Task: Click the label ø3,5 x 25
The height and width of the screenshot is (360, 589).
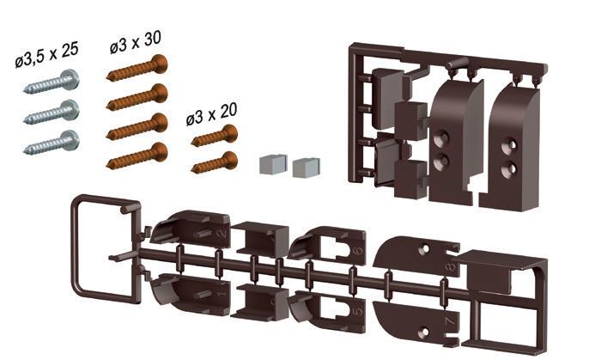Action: pyautogui.click(x=47, y=55)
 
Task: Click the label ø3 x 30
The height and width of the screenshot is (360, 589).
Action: pyautogui.click(x=136, y=42)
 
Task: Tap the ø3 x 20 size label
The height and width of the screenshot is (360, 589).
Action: pyautogui.click(x=211, y=114)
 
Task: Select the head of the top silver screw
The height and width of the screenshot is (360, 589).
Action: pyautogui.click(x=70, y=79)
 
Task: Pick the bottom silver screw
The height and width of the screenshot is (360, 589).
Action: pyautogui.click(x=52, y=143)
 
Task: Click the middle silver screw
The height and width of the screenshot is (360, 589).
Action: pyautogui.click(x=52, y=113)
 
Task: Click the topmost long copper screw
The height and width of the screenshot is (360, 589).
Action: pyautogui.click(x=137, y=68)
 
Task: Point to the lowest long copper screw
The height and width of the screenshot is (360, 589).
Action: pyautogui.click(x=137, y=156)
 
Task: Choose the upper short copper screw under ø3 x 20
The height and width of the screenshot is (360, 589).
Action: pyautogui.click(x=215, y=136)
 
